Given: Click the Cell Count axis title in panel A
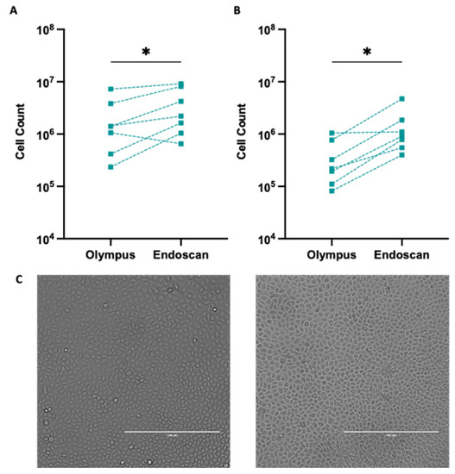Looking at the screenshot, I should click(x=25, y=134).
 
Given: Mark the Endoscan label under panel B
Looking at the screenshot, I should click(x=402, y=256).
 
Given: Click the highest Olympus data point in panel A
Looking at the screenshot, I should click(x=111, y=90).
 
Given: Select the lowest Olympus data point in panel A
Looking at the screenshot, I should click(x=111, y=166).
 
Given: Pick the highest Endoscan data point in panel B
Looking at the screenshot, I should click(x=401, y=99).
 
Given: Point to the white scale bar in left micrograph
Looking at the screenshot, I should click(x=173, y=431).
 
